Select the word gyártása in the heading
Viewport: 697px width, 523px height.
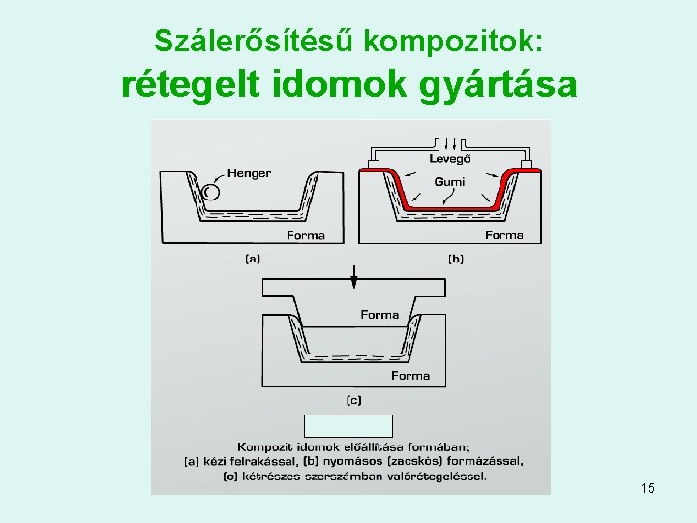pyautogui.click(x=499, y=85)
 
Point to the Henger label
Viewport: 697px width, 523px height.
pyautogui.click(x=249, y=173)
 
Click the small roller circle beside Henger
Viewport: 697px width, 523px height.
pyautogui.click(x=211, y=192)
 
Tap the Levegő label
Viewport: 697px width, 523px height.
pyautogui.click(x=450, y=158)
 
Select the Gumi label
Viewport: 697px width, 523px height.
pyautogui.click(x=449, y=182)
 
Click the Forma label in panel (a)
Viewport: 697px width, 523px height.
pyautogui.click(x=306, y=235)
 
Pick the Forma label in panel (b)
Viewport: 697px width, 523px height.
pyautogui.click(x=504, y=235)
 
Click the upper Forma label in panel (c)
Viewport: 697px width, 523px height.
pyautogui.click(x=379, y=315)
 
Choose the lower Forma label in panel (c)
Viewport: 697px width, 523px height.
pyautogui.click(x=410, y=376)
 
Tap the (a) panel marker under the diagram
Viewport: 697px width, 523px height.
pyautogui.click(x=252, y=259)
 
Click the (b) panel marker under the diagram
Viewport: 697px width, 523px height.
pyautogui.click(x=455, y=259)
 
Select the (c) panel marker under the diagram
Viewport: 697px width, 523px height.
pyautogui.click(x=354, y=399)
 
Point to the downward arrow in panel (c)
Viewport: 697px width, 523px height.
pyautogui.click(x=354, y=275)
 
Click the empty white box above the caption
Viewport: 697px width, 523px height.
pyautogui.click(x=348, y=425)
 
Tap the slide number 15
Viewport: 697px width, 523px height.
pyautogui.click(x=648, y=488)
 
